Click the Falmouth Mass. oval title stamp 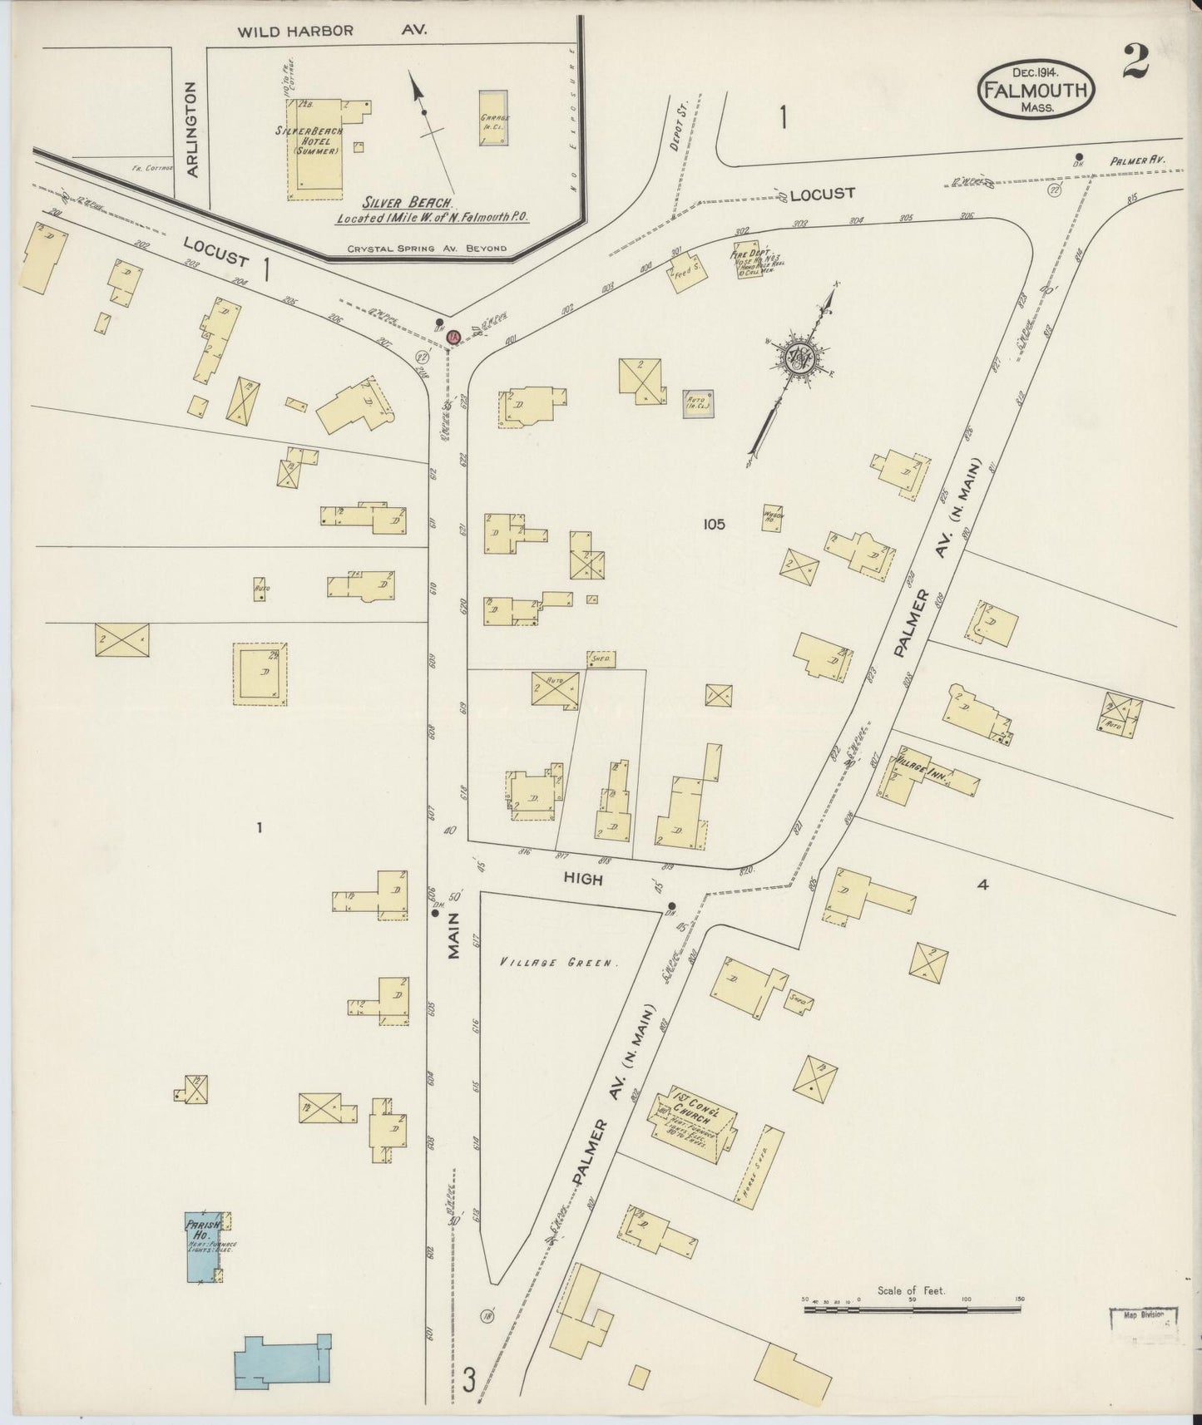click(x=1036, y=88)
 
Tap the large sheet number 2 click(x=1135, y=62)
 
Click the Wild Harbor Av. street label click(x=333, y=32)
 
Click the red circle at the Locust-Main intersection click(x=453, y=338)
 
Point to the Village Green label click(x=560, y=964)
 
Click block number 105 click(x=714, y=524)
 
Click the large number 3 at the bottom click(x=469, y=1381)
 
